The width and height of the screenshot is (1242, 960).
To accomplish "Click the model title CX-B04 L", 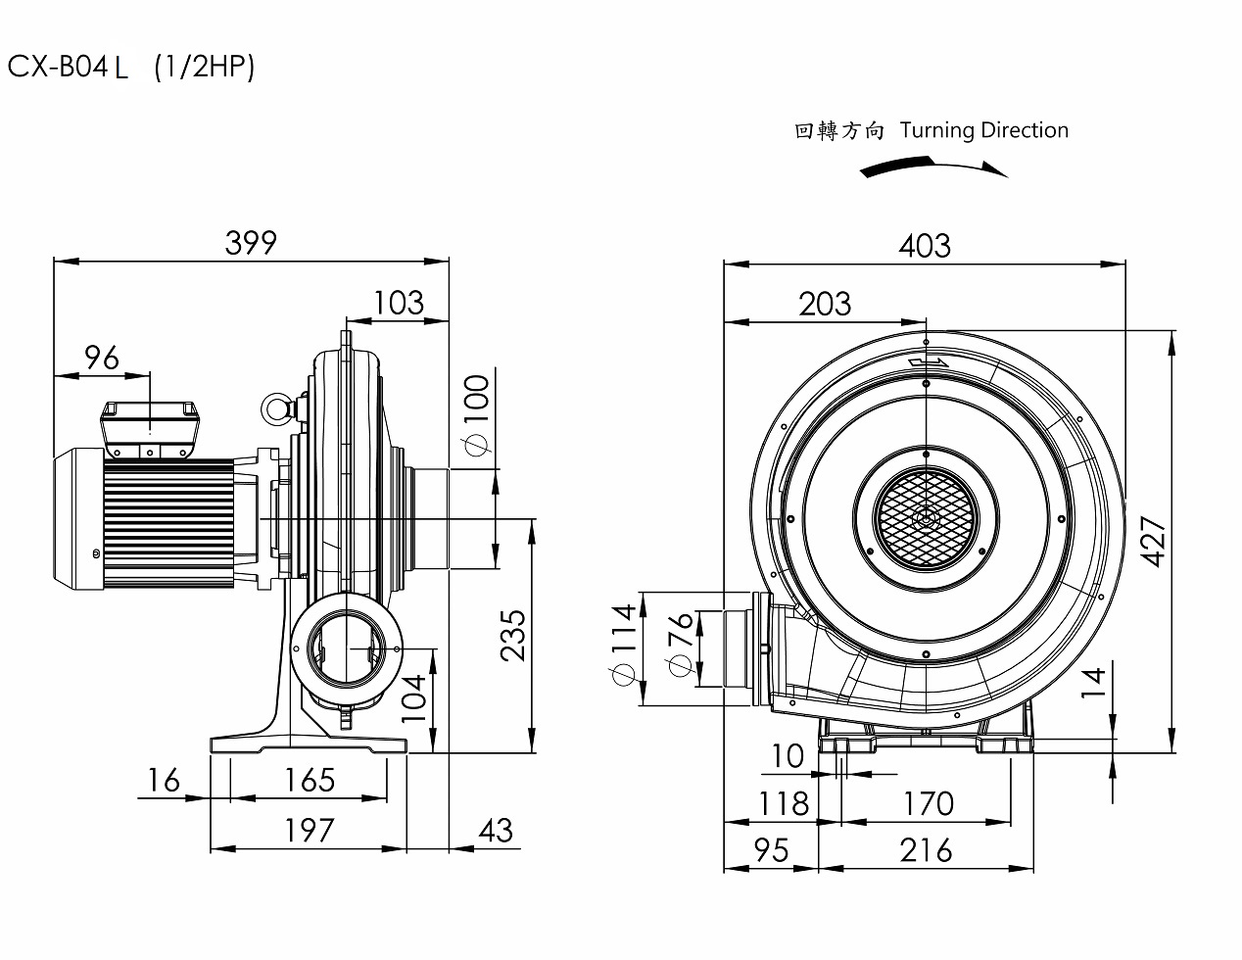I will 68,67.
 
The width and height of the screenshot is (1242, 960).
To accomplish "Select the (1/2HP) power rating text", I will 204,67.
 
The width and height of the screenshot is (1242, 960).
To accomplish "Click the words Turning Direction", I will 983,130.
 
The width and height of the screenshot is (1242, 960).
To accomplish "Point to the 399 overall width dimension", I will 251,242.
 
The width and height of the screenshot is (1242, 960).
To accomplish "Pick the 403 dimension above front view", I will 924,244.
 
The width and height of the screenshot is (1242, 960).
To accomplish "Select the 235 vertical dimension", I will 512,634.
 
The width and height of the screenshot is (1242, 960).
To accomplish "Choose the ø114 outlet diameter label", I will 622,648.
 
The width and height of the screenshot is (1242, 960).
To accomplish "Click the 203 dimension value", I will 825,304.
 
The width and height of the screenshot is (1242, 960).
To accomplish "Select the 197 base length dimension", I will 309,830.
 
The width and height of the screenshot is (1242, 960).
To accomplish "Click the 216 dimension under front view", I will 925,849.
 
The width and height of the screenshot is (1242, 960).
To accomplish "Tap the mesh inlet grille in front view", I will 925,519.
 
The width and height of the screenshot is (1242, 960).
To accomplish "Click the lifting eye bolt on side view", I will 275,409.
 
